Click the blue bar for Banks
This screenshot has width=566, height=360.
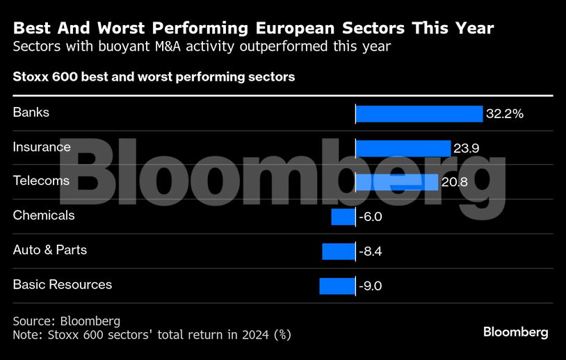click(x=419, y=114)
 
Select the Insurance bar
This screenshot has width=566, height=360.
click(x=403, y=148)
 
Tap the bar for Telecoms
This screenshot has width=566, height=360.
click(x=396, y=182)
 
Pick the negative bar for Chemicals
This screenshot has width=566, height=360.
click(x=343, y=217)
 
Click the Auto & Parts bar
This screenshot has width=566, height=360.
click(x=339, y=251)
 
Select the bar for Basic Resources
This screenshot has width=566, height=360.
click(x=337, y=286)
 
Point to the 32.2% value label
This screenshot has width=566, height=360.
click(x=504, y=114)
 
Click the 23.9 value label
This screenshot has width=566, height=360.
click(x=467, y=148)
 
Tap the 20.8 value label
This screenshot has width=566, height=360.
click(x=454, y=182)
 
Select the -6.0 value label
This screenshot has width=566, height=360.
click(x=370, y=217)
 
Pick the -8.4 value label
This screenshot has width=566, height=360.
click(x=370, y=251)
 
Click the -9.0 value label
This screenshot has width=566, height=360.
click(x=370, y=286)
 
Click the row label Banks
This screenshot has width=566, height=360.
click(x=31, y=112)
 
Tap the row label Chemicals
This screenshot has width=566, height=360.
click(x=44, y=215)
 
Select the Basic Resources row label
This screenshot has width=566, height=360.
click(x=63, y=284)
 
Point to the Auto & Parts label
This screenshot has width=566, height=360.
click(x=50, y=249)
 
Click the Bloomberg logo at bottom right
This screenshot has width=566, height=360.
click(x=515, y=332)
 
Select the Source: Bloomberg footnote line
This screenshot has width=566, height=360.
click(x=67, y=321)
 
